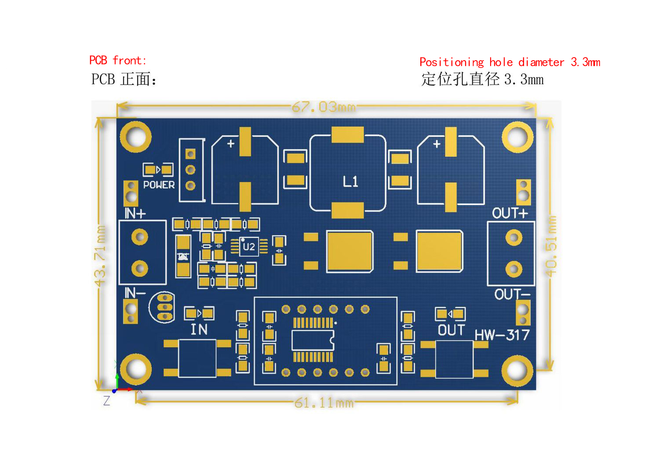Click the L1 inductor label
(350, 181)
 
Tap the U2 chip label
(249, 246)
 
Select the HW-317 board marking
(502, 335)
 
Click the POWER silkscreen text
(159, 185)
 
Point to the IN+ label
(135, 213)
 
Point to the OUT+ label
(510, 213)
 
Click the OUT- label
(512, 294)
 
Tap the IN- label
(135, 293)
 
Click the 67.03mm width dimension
(324, 107)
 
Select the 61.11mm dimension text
(324, 403)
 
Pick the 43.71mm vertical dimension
(100, 256)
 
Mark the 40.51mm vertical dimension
(551, 246)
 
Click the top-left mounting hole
(136, 137)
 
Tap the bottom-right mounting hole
(517, 371)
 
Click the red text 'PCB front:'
(118, 60)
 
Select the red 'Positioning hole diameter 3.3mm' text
(510, 62)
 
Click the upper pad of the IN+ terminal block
(140, 237)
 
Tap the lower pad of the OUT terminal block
(514, 269)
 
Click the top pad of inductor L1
(347, 134)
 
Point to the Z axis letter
(106, 401)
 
